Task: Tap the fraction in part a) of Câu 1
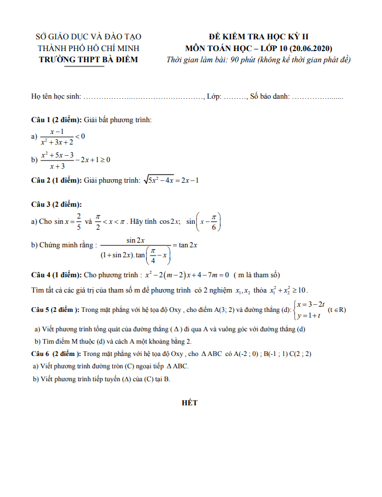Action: point(56,136)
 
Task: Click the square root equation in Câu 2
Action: point(172,180)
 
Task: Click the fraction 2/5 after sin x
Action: point(78,222)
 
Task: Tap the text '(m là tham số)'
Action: point(257,275)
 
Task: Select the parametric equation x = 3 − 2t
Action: point(311,304)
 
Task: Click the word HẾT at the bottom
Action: point(190,403)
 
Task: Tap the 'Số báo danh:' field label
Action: point(270,97)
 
